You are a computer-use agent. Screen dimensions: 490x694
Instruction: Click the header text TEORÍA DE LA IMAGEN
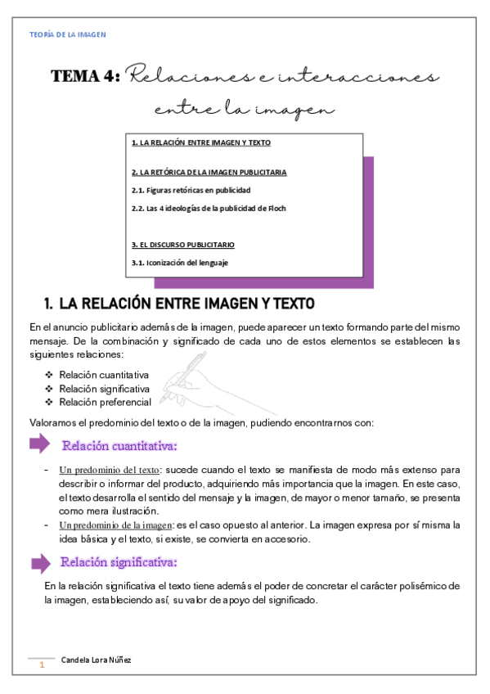tap(67, 34)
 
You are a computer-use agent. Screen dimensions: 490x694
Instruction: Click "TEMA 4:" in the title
tap(86, 77)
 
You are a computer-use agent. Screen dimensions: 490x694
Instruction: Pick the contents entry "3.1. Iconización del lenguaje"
tap(180, 263)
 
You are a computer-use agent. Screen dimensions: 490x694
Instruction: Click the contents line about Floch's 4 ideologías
tap(209, 208)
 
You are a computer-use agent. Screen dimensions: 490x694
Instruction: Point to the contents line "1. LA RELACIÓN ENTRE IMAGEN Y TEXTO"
tap(200, 142)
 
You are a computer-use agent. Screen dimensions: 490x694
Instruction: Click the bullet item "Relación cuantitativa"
tap(104, 374)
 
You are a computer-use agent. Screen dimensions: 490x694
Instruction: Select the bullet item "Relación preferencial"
tap(105, 402)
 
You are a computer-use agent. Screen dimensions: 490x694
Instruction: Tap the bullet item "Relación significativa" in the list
tap(104, 388)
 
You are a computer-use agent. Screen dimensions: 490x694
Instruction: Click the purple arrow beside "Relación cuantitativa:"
tap(39, 445)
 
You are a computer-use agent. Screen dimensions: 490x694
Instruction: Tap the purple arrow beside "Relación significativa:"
tap(39, 563)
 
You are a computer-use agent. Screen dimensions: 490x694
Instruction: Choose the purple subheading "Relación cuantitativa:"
tap(119, 446)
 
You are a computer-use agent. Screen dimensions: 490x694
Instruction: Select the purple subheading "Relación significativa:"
tap(119, 563)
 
